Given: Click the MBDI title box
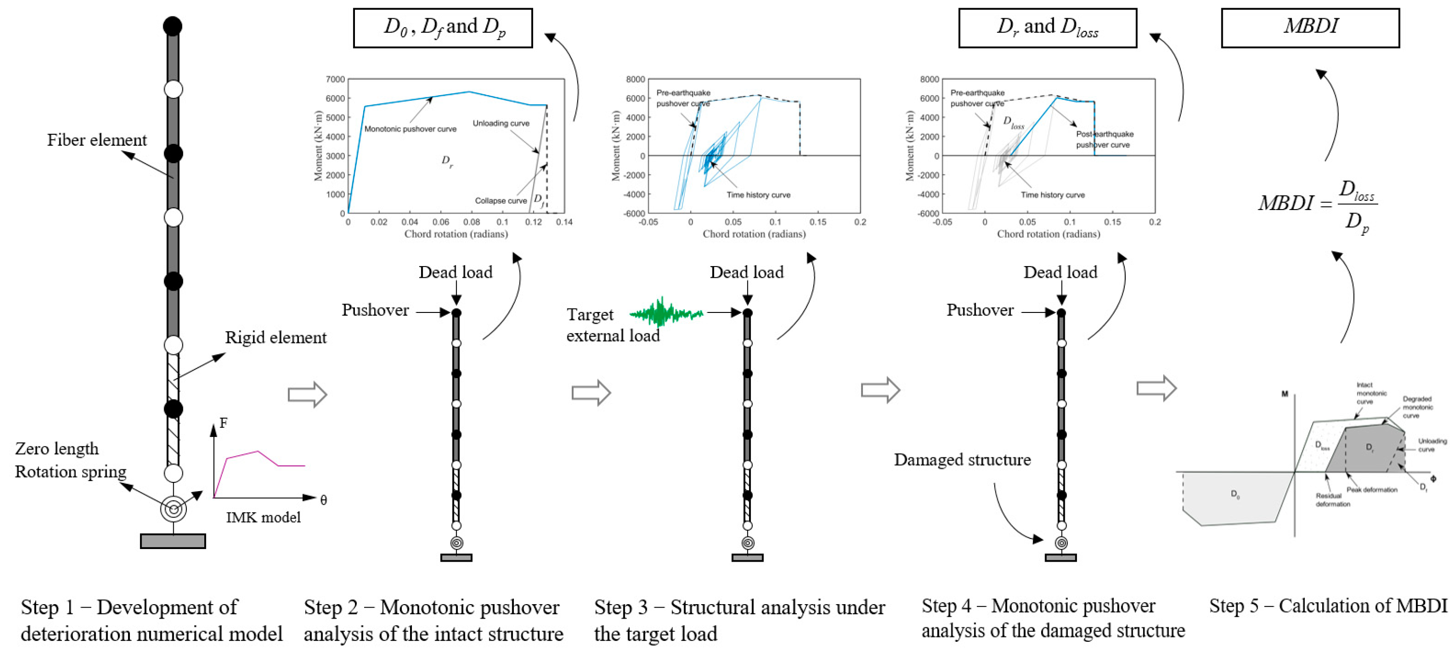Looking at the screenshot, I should (x=1310, y=28).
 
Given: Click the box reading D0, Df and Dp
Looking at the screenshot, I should (x=442, y=28).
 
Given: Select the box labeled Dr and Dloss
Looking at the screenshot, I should (x=1047, y=28).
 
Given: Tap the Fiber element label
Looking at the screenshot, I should (x=97, y=140).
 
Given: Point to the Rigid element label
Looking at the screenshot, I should (x=276, y=338).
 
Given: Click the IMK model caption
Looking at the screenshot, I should (x=263, y=517).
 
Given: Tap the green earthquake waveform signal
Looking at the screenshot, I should (x=665, y=312).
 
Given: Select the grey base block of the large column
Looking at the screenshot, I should (x=173, y=541).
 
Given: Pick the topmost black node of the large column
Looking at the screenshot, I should (x=172, y=26).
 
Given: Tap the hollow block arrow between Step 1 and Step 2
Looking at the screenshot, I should (x=308, y=395).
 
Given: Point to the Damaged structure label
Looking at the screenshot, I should (x=962, y=460).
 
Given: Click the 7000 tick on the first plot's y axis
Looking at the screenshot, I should (x=335, y=79).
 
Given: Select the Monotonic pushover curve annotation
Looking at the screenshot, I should (x=410, y=129).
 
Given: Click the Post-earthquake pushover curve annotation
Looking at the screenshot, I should (x=1104, y=139).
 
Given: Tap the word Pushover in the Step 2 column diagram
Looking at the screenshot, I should (x=375, y=311).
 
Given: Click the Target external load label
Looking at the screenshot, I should (x=613, y=325).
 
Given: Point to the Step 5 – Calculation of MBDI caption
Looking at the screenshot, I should (x=1328, y=606).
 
